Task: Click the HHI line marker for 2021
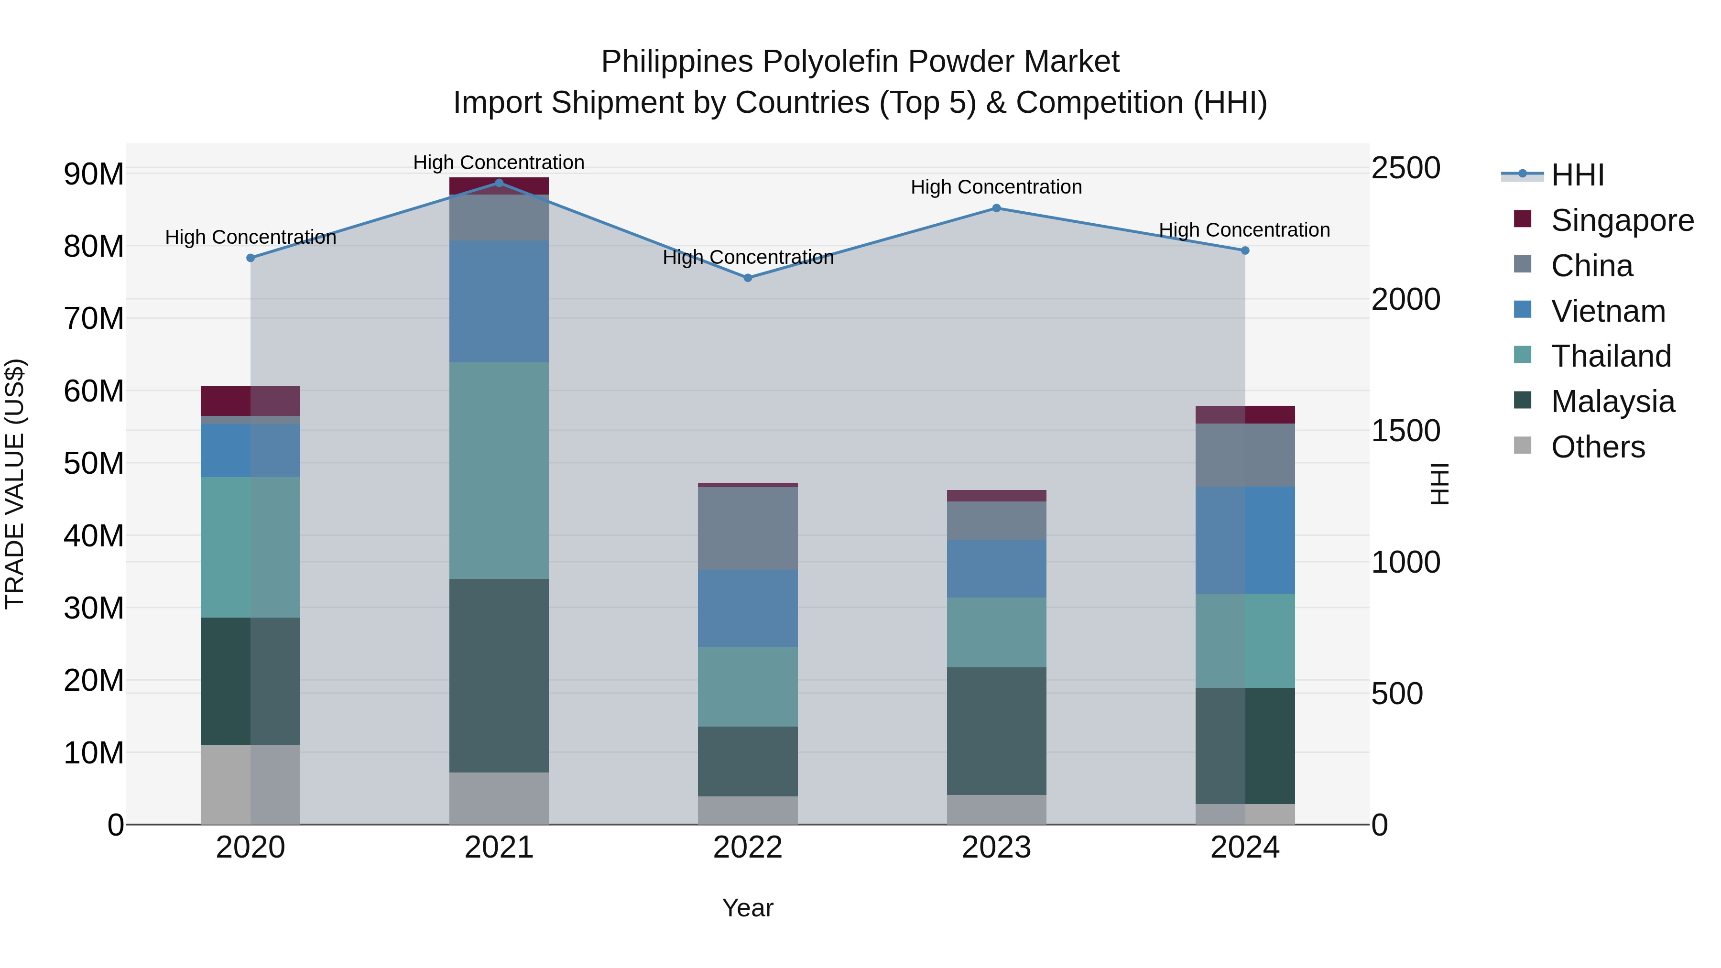click(499, 183)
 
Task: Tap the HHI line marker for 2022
click(748, 278)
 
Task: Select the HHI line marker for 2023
click(996, 208)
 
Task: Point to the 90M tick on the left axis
click(94, 174)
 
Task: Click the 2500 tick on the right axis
click(1405, 168)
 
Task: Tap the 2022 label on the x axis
click(748, 848)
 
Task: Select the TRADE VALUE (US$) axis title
click(15, 484)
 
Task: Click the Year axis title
click(748, 908)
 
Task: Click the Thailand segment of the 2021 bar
click(499, 470)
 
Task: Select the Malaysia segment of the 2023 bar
click(996, 731)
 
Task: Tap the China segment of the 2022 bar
click(748, 528)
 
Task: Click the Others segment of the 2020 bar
click(251, 784)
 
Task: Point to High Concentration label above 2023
click(996, 187)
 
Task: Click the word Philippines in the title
click(677, 62)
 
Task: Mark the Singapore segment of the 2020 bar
click(251, 401)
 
